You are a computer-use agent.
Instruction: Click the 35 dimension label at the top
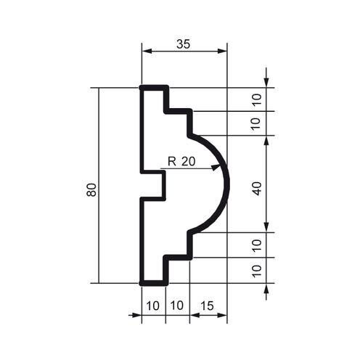point(184,44)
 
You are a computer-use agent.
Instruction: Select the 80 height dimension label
point(91,190)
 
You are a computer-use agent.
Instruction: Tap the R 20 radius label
point(181,161)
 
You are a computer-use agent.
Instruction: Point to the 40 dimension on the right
point(258,189)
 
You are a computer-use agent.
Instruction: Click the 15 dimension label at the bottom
point(207,306)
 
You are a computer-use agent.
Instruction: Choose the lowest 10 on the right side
point(257,271)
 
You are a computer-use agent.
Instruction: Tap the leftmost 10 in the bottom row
point(153,306)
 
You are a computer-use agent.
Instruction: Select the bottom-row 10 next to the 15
point(177,306)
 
